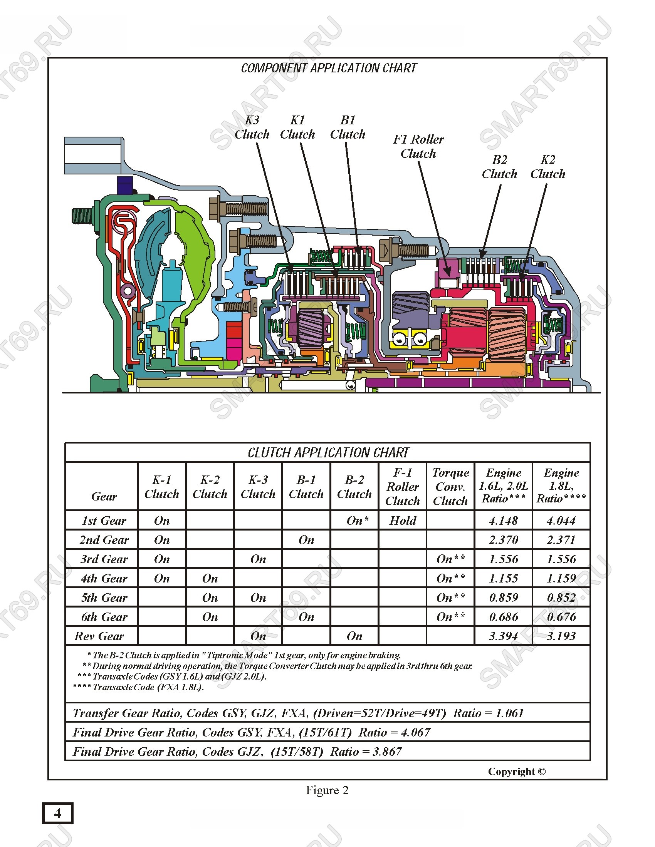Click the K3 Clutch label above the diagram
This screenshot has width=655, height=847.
point(252,127)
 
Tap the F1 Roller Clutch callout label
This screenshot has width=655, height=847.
point(418,146)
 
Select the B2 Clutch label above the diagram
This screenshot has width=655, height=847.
point(499,167)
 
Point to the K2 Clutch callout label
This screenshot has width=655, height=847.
point(548,167)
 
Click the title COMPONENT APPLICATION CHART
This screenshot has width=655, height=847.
point(329,68)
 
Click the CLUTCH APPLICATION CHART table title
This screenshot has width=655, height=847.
point(328,453)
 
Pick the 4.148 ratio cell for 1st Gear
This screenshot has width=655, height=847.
point(503,521)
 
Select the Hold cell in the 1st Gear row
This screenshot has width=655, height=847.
point(403,521)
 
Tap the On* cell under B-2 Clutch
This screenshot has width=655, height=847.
point(358,521)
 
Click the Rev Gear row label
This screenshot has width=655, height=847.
point(99,636)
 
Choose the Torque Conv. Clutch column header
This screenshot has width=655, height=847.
point(450,486)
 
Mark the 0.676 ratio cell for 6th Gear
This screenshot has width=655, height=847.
point(561,617)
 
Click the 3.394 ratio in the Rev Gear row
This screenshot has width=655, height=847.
point(503,636)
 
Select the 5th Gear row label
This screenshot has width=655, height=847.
point(104,598)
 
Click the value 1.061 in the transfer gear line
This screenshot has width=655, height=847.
point(509,713)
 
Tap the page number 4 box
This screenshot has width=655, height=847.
point(57,813)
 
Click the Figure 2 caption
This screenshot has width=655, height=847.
point(327,790)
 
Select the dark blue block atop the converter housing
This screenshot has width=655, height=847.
point(124,186)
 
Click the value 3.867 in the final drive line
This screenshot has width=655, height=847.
point(387,752)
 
